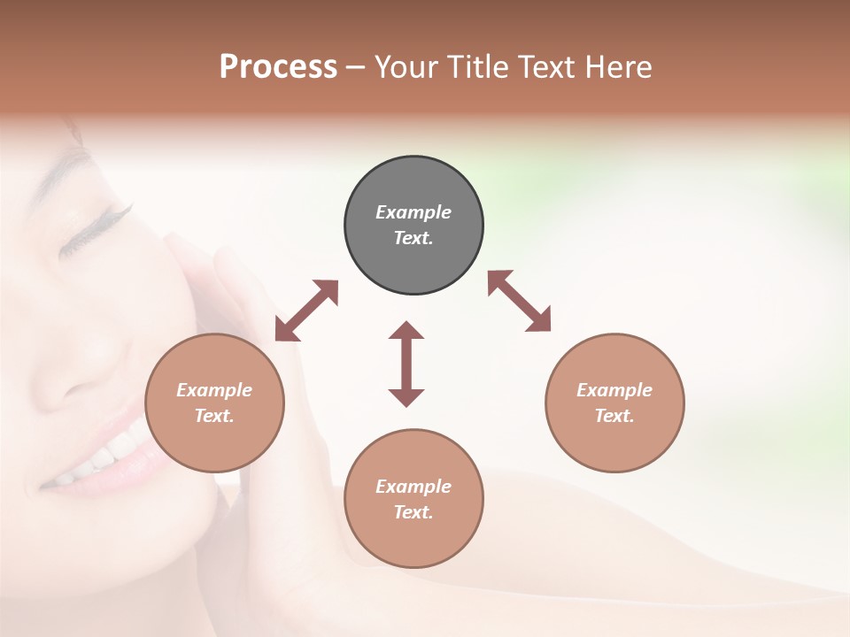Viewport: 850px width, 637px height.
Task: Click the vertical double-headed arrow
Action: tap(406, 364)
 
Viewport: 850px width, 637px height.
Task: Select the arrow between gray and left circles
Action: tap(306, 311)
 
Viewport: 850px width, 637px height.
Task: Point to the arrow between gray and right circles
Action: tap(519, 301)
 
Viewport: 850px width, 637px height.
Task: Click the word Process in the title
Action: tap(278, 67)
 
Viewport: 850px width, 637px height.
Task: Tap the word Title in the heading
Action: tap(478, 67)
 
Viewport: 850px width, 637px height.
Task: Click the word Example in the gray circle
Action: tap(413, 212)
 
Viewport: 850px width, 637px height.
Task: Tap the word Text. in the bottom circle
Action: tap(413, 512)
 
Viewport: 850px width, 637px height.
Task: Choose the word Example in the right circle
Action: tap(614, 390)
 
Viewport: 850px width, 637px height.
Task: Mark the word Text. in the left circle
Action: tap(214, 416)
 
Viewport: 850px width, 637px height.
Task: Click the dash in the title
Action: tap(356, 67)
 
